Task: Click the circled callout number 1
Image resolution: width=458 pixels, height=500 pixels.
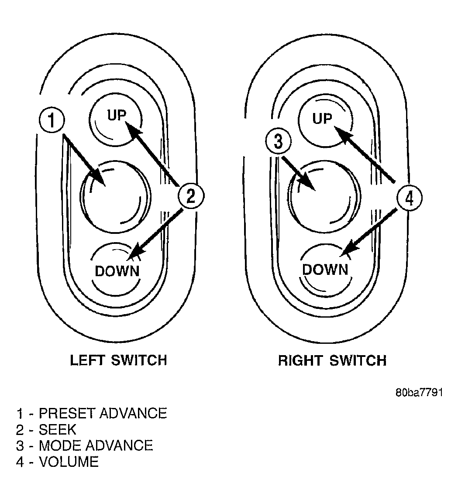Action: pyautogui.click(x=52, y=120)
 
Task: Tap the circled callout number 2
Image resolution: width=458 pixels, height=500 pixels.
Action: pyautogui.click(x=191, y=196)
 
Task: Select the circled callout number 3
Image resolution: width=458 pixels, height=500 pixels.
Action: pyautogui.click(x=278, y=141)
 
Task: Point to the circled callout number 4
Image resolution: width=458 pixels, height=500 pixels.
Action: pyautogui.click(x=409, y=198)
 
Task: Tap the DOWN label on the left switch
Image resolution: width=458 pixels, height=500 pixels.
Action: pyautogui.click(x=117, y=271)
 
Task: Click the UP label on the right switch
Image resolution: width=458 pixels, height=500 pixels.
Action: pyautogui.click(x=322, y=119)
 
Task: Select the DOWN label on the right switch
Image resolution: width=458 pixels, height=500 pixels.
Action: pyautogui.click(x=325, y=270)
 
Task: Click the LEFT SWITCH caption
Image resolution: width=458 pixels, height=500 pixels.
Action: pyautogui.click(x=118, y=360)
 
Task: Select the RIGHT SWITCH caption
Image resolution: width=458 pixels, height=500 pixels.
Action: pyautogui.click(x=332, y=361)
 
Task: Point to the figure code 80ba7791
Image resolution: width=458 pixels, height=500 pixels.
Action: pyautogui.click(x=419, y=392)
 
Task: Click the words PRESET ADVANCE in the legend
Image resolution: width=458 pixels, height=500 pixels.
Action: pyautogui.click(x=103, y=413)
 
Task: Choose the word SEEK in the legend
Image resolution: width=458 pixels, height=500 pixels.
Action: pyautogui.click(x=58, y=429)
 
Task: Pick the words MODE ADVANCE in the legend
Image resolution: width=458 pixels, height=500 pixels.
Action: pyautogui.click(x=96, y=446)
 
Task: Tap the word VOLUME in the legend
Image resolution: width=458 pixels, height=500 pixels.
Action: pyautogui.click(x=69, y=462)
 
